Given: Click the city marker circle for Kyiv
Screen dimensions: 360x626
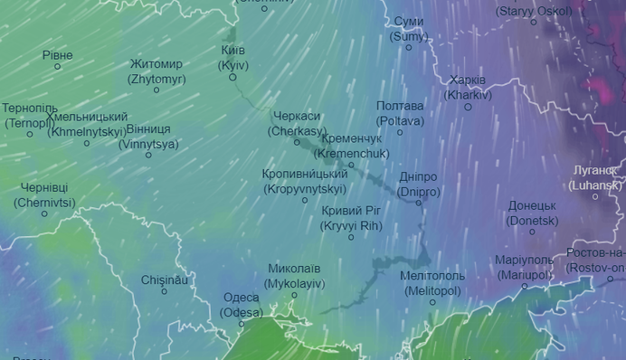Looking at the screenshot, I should (x=232, y=78).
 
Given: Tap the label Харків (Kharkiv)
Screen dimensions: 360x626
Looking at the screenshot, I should (x=468, y=87).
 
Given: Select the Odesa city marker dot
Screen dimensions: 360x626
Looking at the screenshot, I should (x=242, y=324).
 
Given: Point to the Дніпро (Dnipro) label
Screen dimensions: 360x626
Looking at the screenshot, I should (x=418, y=185).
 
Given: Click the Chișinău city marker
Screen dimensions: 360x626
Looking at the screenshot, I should (x=164, y=291).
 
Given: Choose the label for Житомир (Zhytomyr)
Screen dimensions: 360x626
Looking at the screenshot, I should (x=156, y=71).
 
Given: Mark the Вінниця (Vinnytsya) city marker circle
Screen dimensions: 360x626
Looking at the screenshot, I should (x=148, y=155).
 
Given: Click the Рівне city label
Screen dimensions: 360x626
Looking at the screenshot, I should (x=57, y=55).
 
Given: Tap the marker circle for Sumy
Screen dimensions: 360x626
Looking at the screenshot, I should (x=408, y=48).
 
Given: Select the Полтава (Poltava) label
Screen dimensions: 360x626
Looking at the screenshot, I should (x=400, y=113).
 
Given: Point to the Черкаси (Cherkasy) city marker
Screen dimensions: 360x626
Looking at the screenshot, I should (x=297, y=142).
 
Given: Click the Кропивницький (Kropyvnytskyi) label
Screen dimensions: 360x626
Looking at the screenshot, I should (x=305, y=181).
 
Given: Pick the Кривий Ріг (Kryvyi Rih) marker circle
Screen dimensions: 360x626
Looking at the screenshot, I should (x=352, y=237).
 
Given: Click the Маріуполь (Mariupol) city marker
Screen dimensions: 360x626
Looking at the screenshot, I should (x=525, y=286).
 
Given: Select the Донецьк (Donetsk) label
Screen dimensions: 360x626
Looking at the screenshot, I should (x=532, y=213).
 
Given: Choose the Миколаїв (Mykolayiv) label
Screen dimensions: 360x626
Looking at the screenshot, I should (x=294, y=276).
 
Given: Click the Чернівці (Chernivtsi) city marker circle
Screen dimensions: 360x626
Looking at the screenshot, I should (x=44, y=213).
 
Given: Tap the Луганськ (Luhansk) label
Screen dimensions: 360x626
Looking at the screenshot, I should (x=595, y=177).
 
